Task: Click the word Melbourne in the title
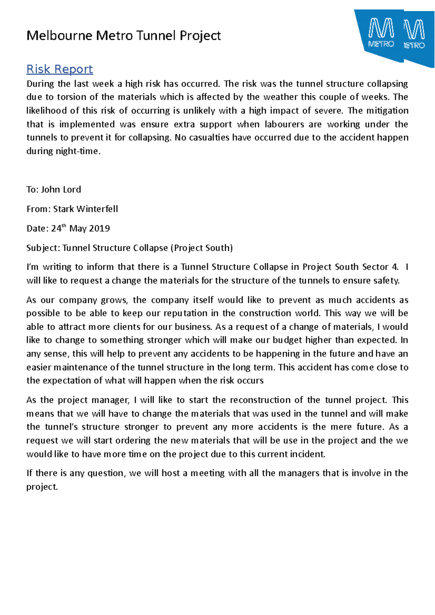[59, 35]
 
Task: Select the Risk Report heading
[60, 69]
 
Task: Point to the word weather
[281, 97]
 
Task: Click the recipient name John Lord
[61, 189]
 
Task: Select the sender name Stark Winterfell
[86, 209]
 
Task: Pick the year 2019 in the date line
[99, 229]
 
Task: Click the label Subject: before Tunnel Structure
[43, 248]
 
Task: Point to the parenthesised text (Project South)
[203, 248]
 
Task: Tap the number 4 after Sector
[395, 267]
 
